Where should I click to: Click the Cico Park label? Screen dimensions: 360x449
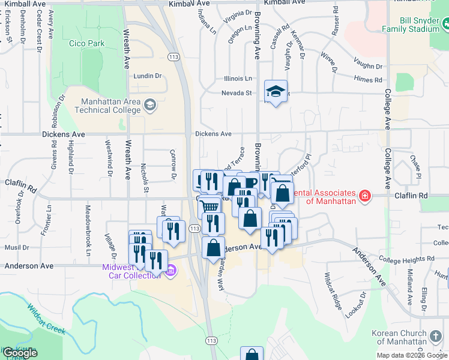coord(87,43)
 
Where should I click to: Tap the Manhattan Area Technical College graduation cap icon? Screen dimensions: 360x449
coord(149,106)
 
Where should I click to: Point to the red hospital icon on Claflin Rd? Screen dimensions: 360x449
coord(364,196)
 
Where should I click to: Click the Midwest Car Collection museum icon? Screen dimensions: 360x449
coord(170,270)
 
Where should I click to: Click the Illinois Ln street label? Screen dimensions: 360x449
coord(238,79)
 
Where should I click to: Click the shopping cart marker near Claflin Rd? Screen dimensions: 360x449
coord(208,206)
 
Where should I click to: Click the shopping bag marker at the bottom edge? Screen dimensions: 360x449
coord(252,355)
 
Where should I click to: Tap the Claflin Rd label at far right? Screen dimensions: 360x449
coord(411,196)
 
